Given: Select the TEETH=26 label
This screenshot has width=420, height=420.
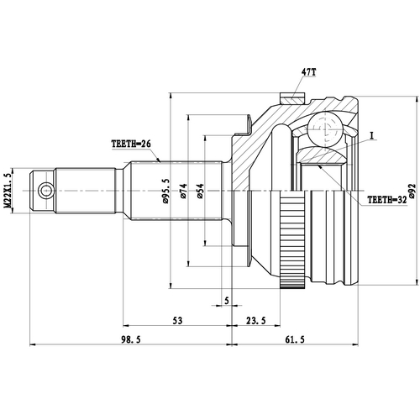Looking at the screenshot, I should (130, 144).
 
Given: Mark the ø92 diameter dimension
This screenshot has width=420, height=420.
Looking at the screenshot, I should (412, 192).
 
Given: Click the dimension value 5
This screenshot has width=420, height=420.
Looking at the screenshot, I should (227, 300).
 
